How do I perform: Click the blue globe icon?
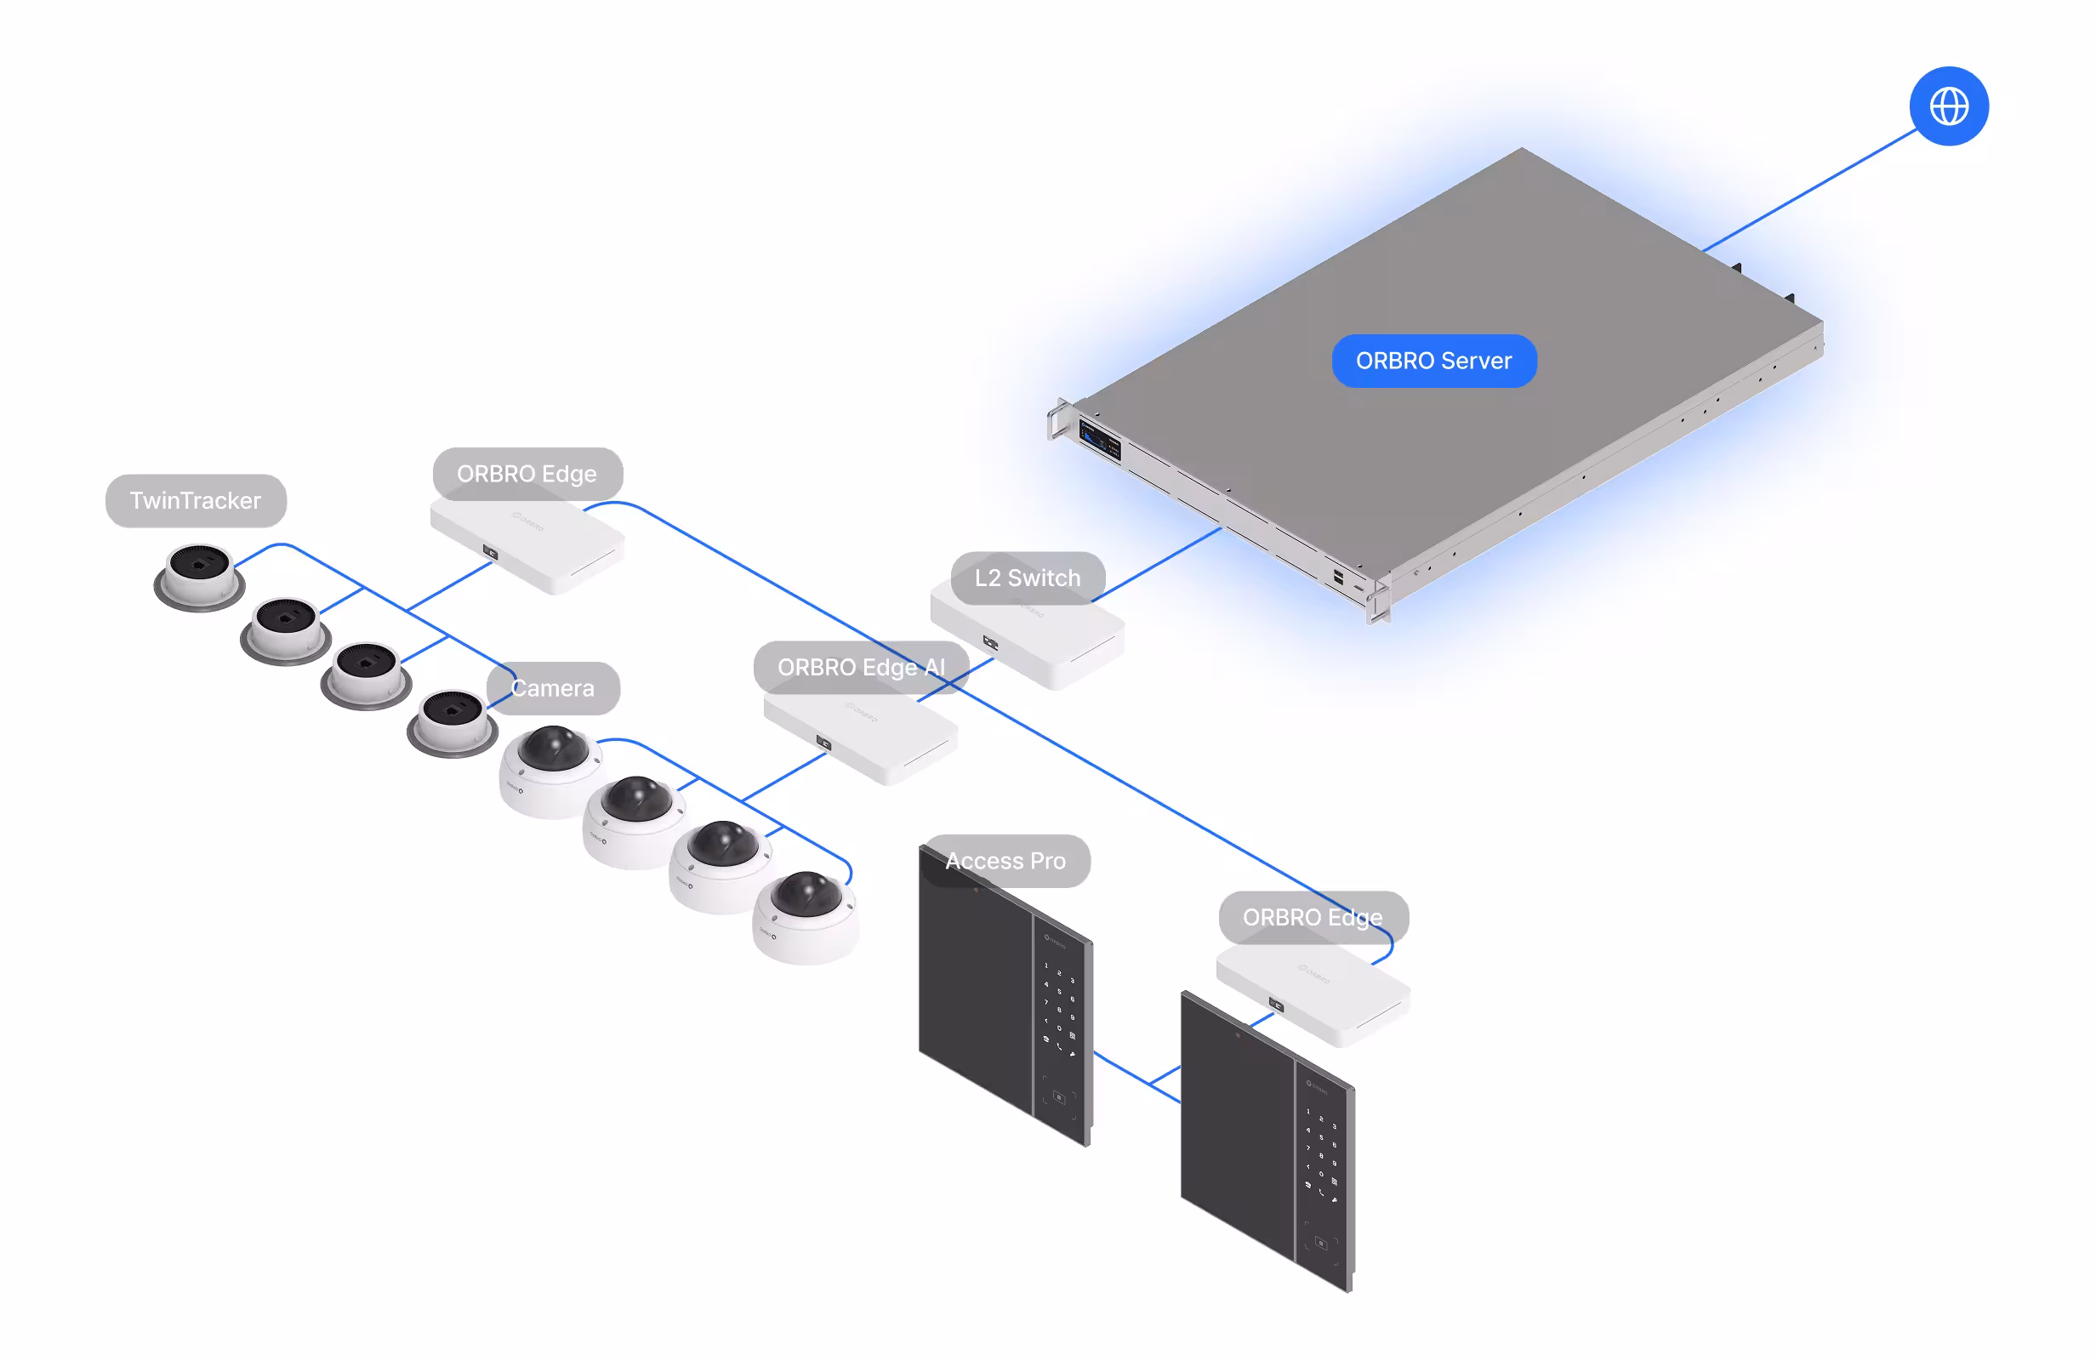[1948, 105]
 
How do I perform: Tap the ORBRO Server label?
[1432, 361]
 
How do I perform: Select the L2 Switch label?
[1027, 578]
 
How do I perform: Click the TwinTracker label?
[196, 500]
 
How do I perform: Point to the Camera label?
[553, 688]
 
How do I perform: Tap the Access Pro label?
[1005, 861]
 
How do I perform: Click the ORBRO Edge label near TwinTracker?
[527, 474]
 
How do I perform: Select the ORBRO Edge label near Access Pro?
[1313, 917]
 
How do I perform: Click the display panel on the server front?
[1100, 438]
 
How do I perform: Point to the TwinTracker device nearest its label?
[199, 575]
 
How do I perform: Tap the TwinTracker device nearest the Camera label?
[452, 721]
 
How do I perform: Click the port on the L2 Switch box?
[990, 643]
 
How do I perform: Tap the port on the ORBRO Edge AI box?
[823, 743]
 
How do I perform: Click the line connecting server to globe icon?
[1810, 191]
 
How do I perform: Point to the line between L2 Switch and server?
[1156, 565]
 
